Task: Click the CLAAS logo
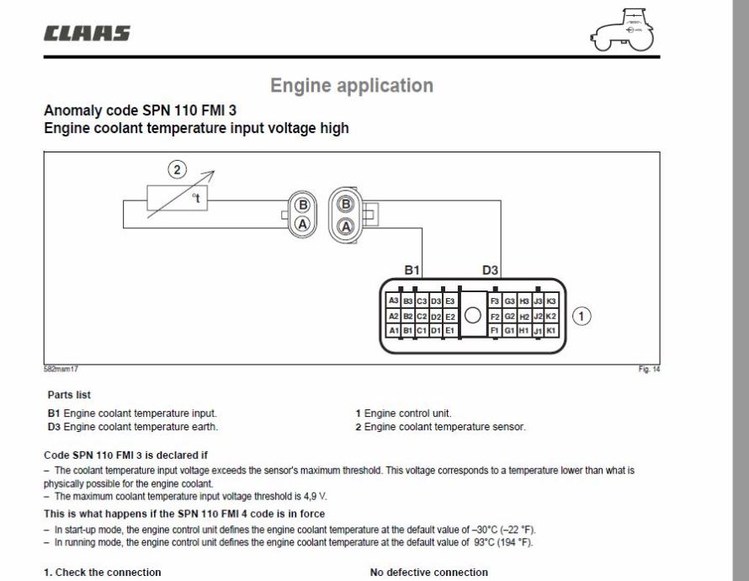point(87,34)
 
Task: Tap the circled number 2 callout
point(176,170)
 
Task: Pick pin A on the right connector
point(344,225)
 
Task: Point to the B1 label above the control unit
point(412,270)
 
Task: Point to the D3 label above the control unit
point(491,270)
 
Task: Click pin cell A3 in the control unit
point(393,301)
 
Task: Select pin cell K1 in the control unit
point(551,331)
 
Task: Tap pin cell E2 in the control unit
point(450,316)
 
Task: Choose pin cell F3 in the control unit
point(495,301)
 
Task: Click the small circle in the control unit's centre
point(473,316)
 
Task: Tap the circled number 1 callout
point(580,316)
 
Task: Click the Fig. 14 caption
point(649,368)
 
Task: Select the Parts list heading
point(69,394)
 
